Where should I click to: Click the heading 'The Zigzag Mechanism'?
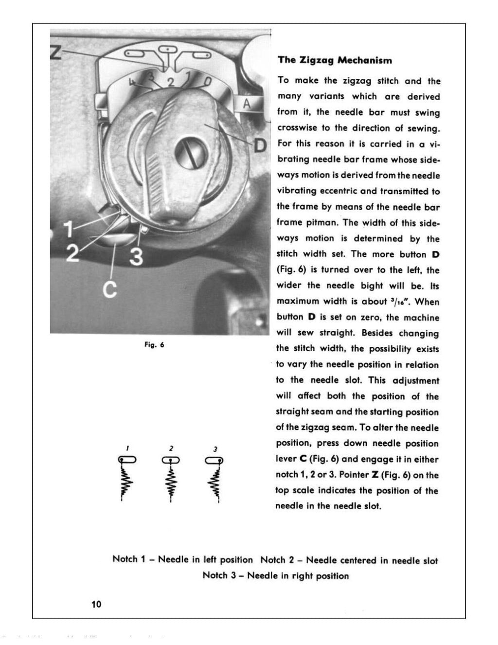[x=335, y=60]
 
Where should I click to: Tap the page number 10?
[x=95, y=604]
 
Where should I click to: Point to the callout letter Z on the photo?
[x=55, y=50]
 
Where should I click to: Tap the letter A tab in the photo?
[x=247, y=104]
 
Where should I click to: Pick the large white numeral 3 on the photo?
[x=137, y=256]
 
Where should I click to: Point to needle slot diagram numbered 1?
[x=127, y=460]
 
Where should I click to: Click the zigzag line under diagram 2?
[x=171, y=482]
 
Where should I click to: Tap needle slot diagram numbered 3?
[x=214, y=460]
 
